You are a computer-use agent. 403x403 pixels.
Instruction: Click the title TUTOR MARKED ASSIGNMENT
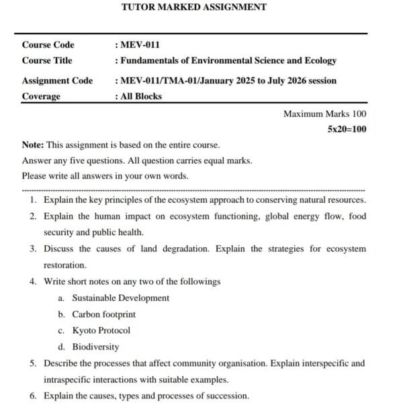click(x=193, y=7)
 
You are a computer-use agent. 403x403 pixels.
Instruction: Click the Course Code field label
click(x=48, y=45)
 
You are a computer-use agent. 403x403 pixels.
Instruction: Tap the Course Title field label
click(x=47, y=60)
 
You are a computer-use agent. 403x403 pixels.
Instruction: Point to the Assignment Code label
click(x=57, y=81)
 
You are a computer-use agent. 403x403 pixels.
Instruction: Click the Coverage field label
click(x=41, y=96)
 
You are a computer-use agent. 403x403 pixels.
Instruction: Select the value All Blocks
click(x=141, y=96)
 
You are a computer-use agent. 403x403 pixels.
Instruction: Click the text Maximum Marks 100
click(x=325, y=114)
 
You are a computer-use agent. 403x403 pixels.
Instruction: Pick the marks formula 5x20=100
click(x=347, y=129)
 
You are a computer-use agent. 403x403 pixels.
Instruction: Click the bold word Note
click(x=32, y=144)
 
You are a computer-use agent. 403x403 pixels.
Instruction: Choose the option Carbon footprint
click(x=104, y=314)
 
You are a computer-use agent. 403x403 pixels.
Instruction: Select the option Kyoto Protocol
click(x=101, y=330)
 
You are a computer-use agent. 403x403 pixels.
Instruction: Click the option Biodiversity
click(x=96, y=347)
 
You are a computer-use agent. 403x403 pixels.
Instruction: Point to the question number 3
click(x=32, y=249)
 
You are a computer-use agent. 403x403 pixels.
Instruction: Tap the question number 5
click(x=32, y=363)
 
